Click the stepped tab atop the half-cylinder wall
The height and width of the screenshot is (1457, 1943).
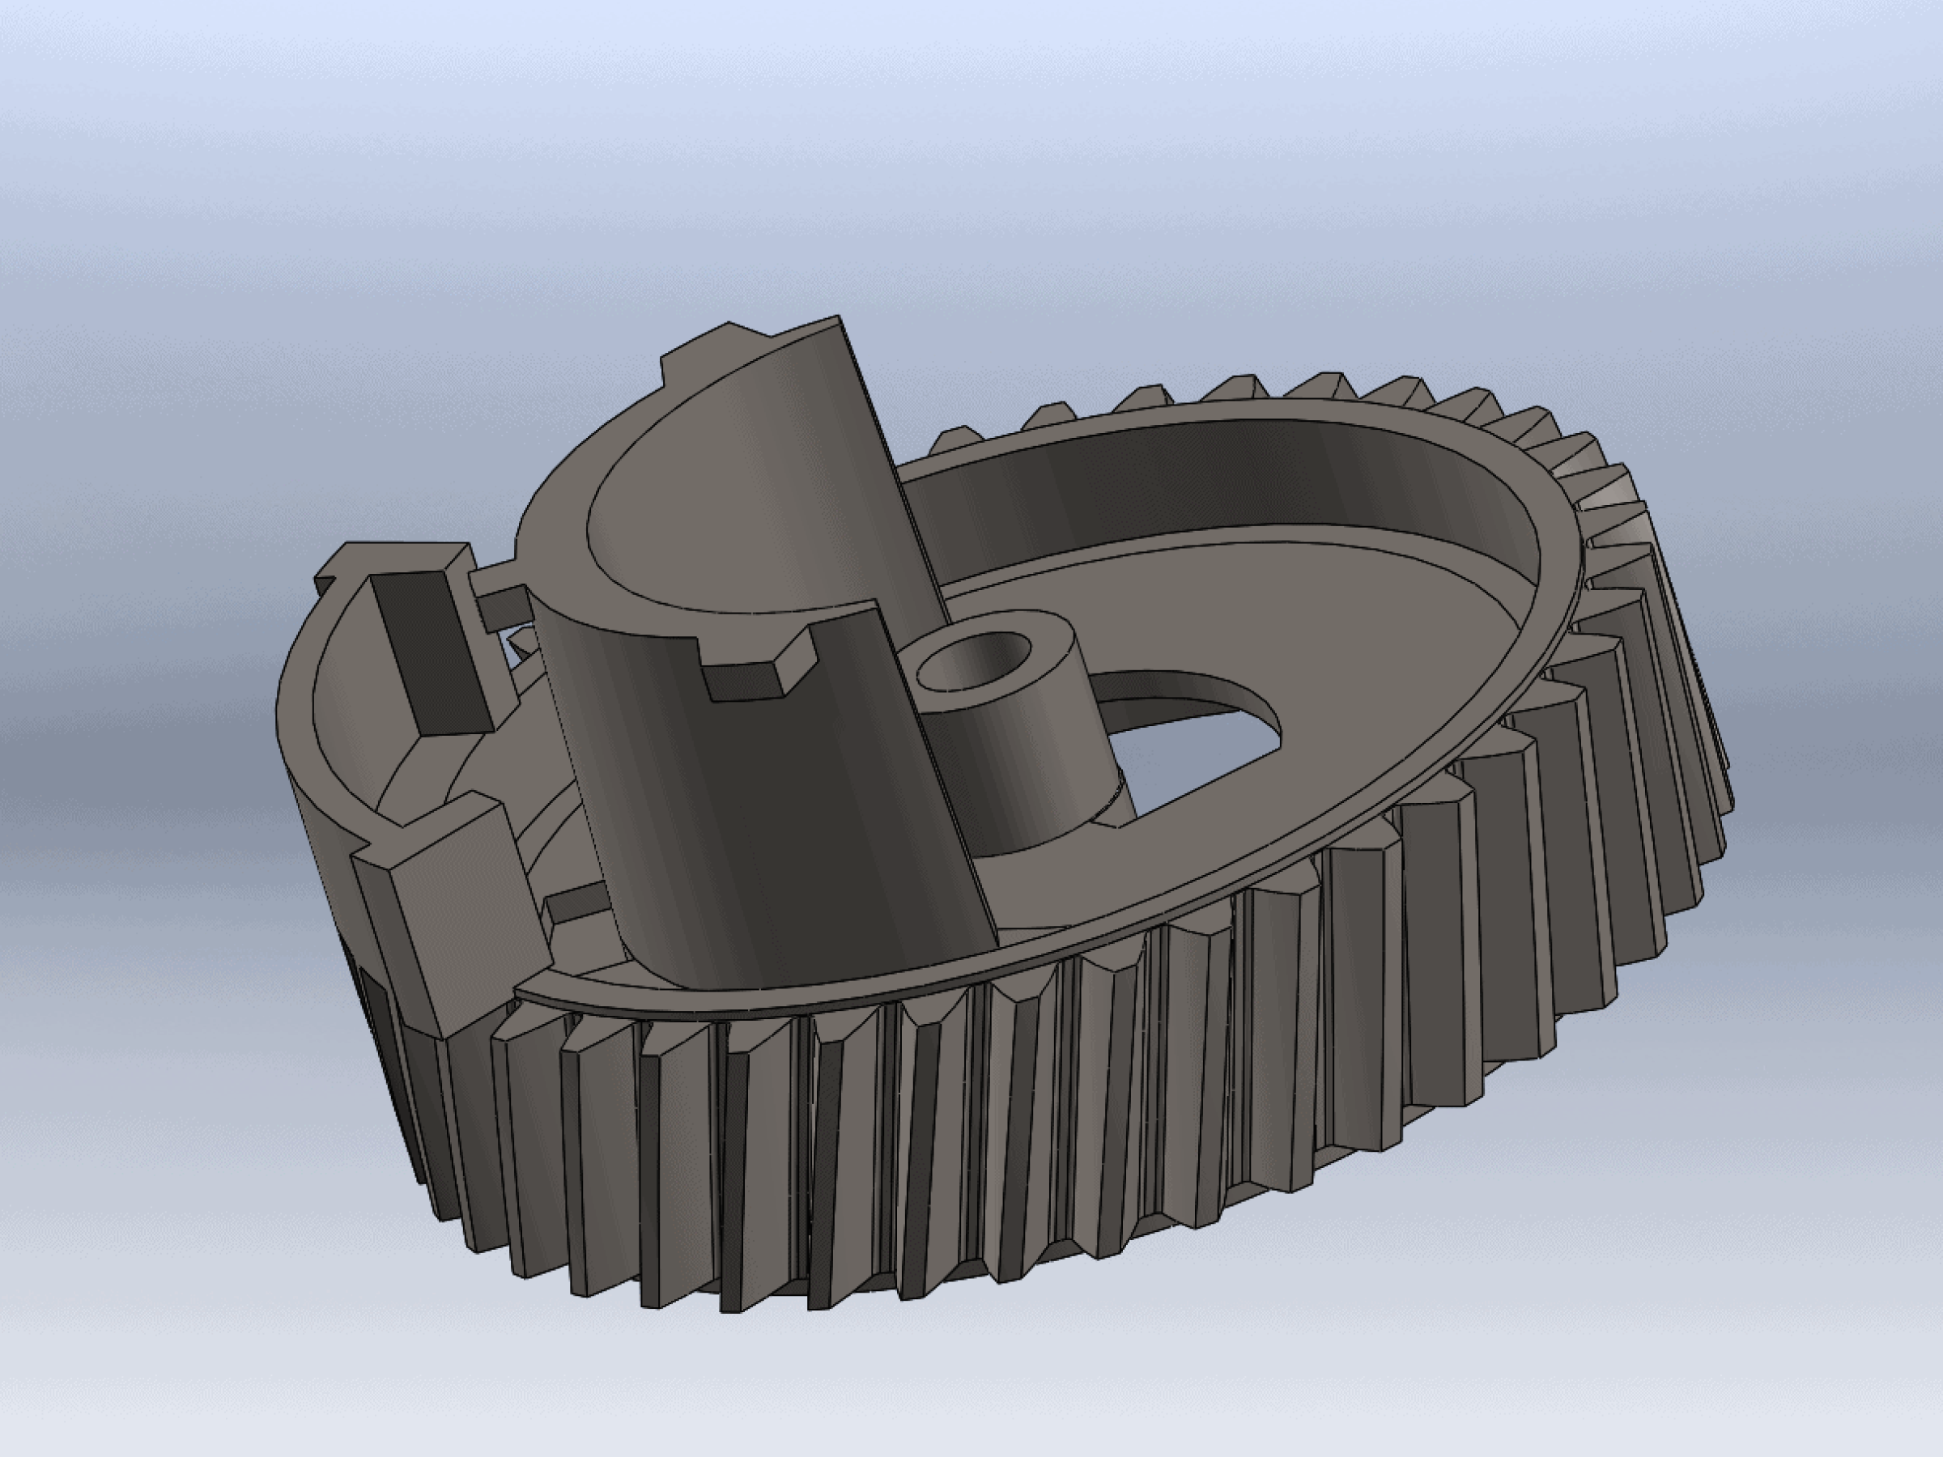coord(703,347)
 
